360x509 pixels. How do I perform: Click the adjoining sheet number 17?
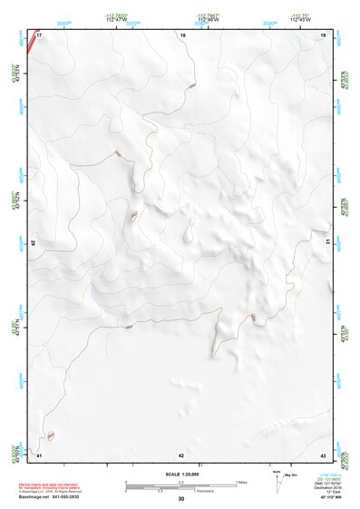tap(40, 34)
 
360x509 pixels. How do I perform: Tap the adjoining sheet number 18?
tap(182, 34)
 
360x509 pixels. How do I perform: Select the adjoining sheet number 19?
tap(323, 34)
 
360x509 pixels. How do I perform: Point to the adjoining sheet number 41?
tap(39, 454)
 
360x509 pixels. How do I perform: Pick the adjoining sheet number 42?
tap(181, 454)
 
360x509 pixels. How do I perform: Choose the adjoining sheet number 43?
tap(323, 454)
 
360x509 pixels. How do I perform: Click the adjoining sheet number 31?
tap(328, 243)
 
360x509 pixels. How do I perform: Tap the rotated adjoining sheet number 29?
tap(35, 243)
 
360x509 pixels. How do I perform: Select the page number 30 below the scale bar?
tap(181, 499)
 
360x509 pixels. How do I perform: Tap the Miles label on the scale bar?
tap(241, 481)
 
